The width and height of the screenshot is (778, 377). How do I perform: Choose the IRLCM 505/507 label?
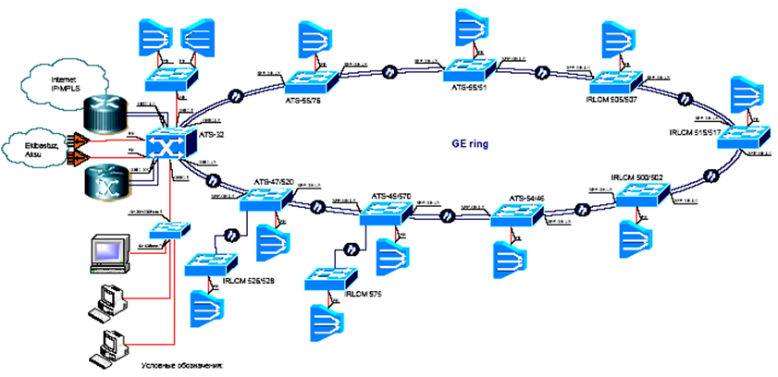click(x=618, y=95)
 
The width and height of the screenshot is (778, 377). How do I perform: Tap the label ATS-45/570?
click(x=391, y=197)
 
